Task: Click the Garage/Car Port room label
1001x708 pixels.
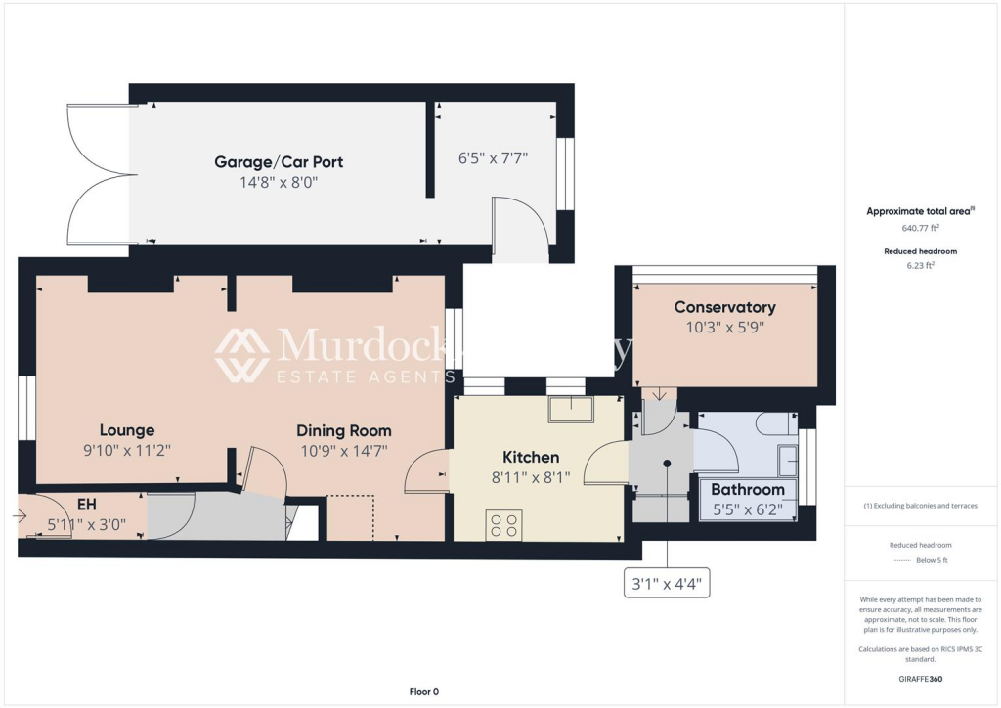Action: (279, 161)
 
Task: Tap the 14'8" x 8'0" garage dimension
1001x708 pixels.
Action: (279, 181)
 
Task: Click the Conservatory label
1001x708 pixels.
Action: (724, 307)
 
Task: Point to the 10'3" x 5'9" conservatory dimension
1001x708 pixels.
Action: (724, 328)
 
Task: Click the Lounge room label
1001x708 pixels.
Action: (127, 430)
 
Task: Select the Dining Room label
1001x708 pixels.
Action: (344, 430)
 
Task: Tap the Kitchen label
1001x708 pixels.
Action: (531, 457)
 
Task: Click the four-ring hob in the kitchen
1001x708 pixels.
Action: (503, 525)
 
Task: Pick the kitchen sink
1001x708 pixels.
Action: (570, 409)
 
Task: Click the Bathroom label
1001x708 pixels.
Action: (748, 489)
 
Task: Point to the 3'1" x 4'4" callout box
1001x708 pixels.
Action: (667, 586)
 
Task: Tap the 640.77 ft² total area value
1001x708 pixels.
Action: (920, 228)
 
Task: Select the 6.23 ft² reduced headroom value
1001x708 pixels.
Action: (920, 264)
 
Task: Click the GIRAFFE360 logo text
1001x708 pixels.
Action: (920, 678)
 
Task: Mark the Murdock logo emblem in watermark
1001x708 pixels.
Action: (241, 355)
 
